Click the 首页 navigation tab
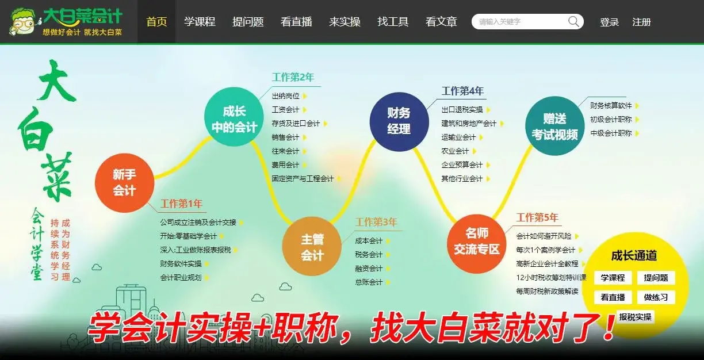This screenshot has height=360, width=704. (156, 22)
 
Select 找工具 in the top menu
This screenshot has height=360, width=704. (393, 22)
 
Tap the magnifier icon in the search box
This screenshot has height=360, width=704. (573, 22)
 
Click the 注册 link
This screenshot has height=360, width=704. (641, 22)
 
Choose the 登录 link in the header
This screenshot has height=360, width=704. (609, 22)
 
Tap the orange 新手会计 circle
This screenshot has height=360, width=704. (124, 183)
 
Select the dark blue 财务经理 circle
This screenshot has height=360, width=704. (399, 121)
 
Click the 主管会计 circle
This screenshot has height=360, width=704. (312, 246)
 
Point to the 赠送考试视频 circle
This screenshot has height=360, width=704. (554, 126)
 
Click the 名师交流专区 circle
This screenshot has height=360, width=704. (476, 244)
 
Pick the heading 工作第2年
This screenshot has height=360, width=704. (293, 77)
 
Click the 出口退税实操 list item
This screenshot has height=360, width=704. (462, 110)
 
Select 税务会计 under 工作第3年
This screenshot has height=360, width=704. (369, 255)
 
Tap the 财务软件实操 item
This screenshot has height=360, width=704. (181, 264)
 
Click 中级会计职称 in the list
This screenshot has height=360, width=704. (611, 133)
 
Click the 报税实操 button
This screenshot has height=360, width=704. (635, 317)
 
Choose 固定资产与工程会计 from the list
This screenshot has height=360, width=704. (303, 179)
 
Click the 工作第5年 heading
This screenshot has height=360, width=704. (537, 217)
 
